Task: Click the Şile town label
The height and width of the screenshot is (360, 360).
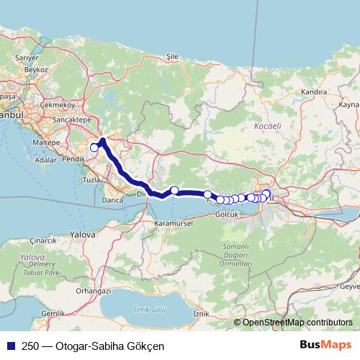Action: [171, 55]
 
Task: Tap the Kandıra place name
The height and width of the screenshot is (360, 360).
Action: [315, 92]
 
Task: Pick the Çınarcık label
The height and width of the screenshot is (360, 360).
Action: [42, 240]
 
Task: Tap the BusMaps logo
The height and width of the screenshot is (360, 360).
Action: [326, 344]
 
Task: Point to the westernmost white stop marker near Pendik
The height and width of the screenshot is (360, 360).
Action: [94, 148]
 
